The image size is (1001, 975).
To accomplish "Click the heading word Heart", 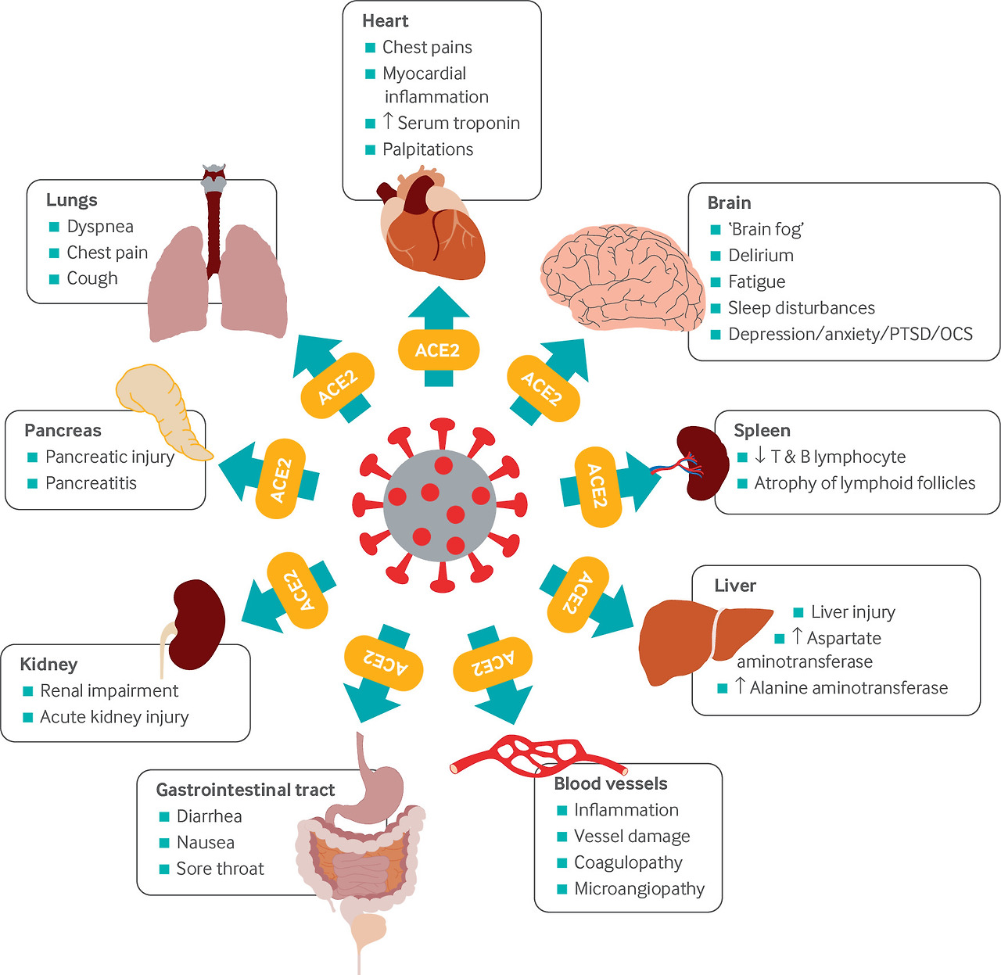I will [x=385, y=21].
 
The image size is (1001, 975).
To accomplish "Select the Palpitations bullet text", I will [x=427, y=149].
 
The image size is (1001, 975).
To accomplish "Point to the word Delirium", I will [x=760, y=256].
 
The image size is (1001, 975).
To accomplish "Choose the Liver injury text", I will [x=852, y=612].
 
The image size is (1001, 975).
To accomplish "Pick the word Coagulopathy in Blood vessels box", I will [x=628, y=862].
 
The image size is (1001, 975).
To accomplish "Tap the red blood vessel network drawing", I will [x=540, y=755].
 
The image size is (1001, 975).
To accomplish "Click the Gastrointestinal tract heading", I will [x=246, y=790].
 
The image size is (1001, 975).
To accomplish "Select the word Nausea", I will [x=205, y=843].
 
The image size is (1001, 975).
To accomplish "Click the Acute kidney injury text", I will [x=114, y=717].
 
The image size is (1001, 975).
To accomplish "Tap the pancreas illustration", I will [x=160, y=407].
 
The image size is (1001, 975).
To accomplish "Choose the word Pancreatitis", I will [x=91, y=483].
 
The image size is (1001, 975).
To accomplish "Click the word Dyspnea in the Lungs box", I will [x=100, y=227].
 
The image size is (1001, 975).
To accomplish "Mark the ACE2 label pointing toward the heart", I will [x=437, y=350].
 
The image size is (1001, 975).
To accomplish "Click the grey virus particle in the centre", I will [x=440, y=504].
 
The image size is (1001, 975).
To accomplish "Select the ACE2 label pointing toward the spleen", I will [x=597, y=486].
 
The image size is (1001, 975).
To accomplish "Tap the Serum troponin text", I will [x=458, y=124].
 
